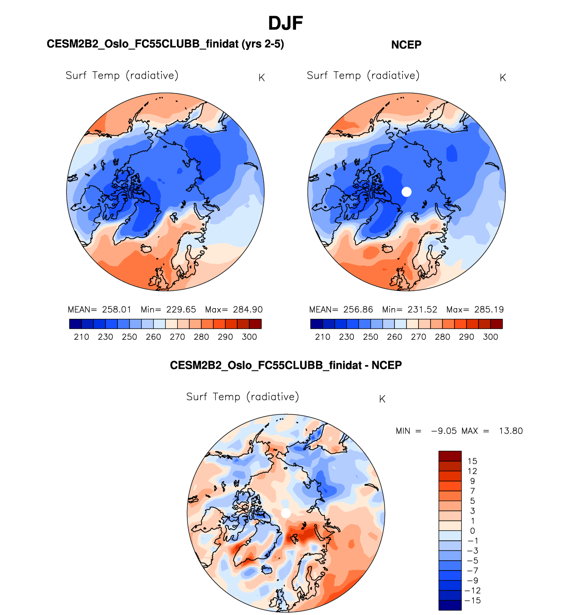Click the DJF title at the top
click(x=285, y=23)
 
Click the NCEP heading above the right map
click(x=406, y=45)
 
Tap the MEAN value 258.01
click(x=117, y=310)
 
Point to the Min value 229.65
click(x=181, y=310)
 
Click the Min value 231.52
click(x=422, y=310)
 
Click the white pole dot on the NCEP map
click(x=406, y=192)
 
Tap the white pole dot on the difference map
click(x=286, y=513)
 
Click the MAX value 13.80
click(x=511, y=431)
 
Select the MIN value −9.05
click(x=444, y=431)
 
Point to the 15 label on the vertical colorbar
click(x=472, y=461)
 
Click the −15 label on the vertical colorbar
click(x=472, y=601)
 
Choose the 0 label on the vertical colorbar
click(x=472, y=531)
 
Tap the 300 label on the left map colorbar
click(x=249, y=337)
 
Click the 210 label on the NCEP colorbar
click(x=322, y=337)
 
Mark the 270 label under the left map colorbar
click(x=177, y=337)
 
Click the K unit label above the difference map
click(x=382, y=399)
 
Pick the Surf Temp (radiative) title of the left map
click(x=122, y=76)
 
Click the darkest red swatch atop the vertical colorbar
click(x=450, y=456)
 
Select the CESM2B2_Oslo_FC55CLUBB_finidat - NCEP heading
click(x=286, y=366)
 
